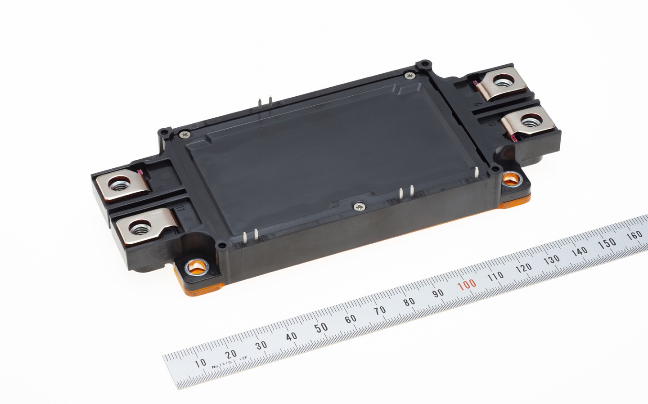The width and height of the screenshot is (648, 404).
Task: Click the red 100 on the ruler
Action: [467, 284]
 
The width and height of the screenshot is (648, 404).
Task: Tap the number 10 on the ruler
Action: [200, 362]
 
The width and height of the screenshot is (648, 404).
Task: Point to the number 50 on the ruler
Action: [321, 327]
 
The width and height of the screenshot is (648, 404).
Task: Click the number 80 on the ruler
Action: [409, 301]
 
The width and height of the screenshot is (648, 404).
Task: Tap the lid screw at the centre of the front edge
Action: [357, 206]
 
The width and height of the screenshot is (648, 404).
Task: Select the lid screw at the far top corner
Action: [408, 76]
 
